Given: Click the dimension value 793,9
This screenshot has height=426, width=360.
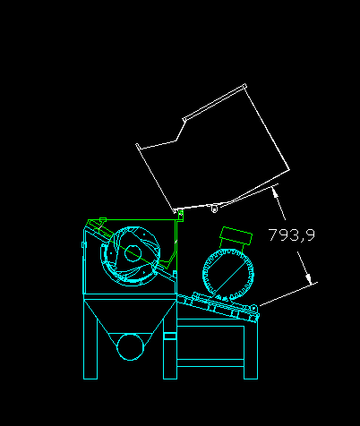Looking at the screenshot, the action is [292, 234].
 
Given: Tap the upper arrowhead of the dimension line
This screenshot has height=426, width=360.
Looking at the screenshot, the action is [275, 192].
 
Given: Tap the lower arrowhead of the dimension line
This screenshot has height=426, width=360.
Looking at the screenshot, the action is [309, 279].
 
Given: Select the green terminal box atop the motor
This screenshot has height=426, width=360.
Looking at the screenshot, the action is [236, 235].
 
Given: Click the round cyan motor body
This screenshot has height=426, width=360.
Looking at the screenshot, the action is [228, 274].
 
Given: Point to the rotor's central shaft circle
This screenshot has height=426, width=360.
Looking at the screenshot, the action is [133, 253].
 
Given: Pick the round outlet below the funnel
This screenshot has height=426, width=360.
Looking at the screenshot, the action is [131, 347].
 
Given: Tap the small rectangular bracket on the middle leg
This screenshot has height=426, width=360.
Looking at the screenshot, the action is [170, 336].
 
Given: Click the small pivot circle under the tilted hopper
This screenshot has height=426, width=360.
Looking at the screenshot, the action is [214, 209].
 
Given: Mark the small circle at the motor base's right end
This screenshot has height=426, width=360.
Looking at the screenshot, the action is [253, 308].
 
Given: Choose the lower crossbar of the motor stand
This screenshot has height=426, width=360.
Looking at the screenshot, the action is [210, 362].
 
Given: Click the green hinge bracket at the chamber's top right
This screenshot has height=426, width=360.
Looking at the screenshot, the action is [180, 217].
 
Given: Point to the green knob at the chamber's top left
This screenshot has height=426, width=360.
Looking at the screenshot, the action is [103, 220].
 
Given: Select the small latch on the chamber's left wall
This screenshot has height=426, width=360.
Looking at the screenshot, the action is [83, 245].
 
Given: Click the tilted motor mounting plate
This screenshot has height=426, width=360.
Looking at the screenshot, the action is [218, 307].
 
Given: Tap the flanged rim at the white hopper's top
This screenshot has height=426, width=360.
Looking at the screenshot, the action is [215, 102].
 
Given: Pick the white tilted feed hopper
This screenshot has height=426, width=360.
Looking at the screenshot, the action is [212, 149].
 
